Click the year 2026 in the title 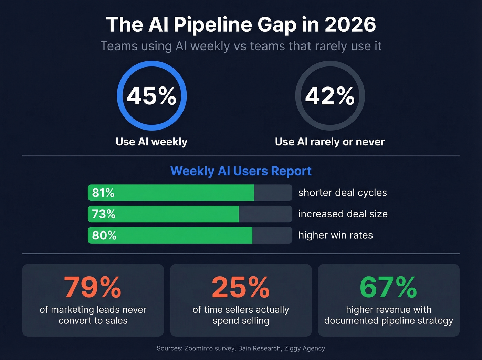coord(350,25)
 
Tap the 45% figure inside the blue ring coord(151,96)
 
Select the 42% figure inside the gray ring coord(330,96)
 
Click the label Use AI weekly coord(151,142)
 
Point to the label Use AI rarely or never coord(330,142)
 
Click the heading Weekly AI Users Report coord(241,171)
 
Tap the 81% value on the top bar coord(103,193)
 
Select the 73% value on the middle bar coord(103,214)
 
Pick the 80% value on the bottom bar coord(104,235)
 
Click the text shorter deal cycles coord(343,193)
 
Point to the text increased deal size coord(343,214)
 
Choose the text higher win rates coord(336,235)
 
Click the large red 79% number coord(93,287)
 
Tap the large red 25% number coord(241,287)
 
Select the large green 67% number coord(388,287)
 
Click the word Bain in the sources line coord(244,348)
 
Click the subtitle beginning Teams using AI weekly coord(241,46)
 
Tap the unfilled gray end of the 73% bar coord(265,214)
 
